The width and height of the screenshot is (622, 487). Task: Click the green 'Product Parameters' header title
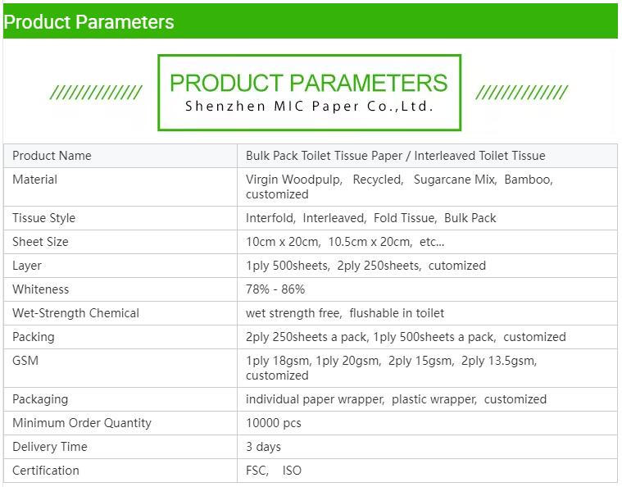coord(89,22)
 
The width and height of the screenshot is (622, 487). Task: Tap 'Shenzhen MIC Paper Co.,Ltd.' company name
coord(310,106)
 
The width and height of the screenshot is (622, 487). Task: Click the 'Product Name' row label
coord(52,156)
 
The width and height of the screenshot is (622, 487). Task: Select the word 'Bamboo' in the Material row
coord(528,180)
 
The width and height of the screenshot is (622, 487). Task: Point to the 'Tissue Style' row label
coord(44,218)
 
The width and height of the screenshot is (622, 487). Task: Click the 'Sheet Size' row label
coord(40,242)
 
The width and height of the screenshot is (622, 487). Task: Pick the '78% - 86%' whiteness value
coord(275,289)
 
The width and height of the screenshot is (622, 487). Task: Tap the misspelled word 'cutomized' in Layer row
coord(457,266)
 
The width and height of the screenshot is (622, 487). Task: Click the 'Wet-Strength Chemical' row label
coord(75,313)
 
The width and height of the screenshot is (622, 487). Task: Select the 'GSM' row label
coord(25,361)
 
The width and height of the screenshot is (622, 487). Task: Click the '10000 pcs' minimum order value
coord(274,423)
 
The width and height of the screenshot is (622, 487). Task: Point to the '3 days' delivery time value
coord(263,447)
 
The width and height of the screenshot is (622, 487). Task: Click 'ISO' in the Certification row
coord(292,471)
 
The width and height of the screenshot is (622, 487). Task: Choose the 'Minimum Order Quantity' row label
coord(82,423)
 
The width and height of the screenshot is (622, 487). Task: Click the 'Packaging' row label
coord(40,399)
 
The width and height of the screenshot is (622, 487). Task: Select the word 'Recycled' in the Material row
coord(377,180)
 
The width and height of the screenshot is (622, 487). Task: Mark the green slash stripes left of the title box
coord(96,92)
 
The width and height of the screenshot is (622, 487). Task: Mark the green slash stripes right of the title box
coord(522,92)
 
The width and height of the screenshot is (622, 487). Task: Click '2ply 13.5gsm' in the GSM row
coord(497,361)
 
